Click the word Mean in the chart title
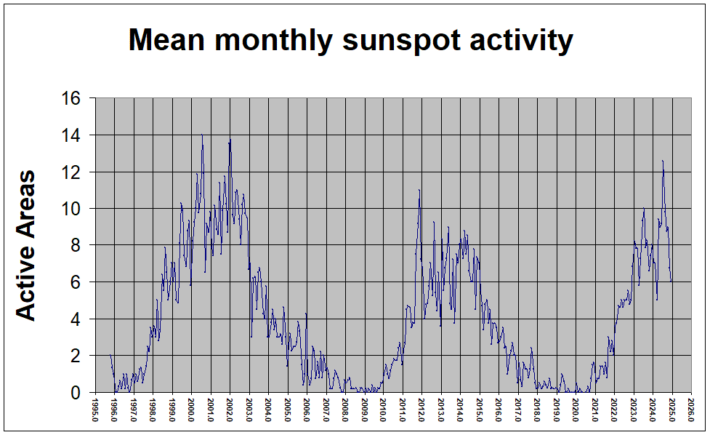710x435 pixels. tap(166, 41)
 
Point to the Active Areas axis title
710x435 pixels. tap(26, 245)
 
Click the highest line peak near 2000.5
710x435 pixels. tap(202, 135)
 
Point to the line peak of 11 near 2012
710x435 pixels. tap(419, 190)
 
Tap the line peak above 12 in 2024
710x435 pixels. tap(663, 161)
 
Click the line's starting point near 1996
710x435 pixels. tap(110, 355)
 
